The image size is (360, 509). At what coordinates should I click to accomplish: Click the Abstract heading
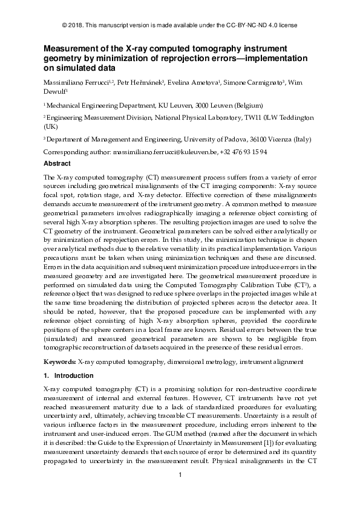[57, 163]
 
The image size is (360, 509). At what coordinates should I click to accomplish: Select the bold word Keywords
[59, 361]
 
